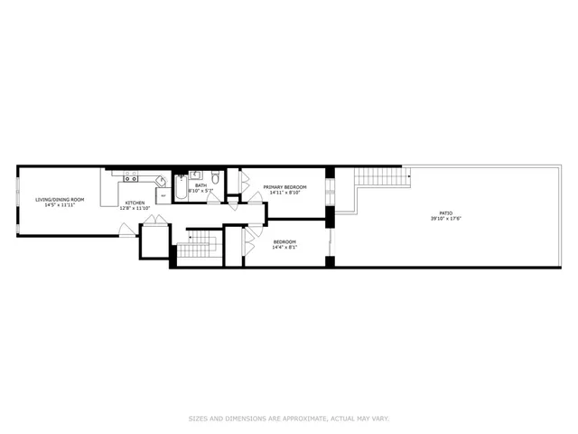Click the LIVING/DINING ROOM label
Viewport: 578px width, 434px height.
click(60, 199)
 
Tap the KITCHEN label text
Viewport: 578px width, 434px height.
click(135, 203)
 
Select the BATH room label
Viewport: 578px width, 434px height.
click(200, 185)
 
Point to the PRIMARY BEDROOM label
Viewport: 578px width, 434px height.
click(284, 187)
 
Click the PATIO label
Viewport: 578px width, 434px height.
click(445, 213)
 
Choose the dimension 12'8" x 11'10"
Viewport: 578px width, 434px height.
click(135, 208)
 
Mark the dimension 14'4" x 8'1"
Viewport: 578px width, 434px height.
click(284, 247)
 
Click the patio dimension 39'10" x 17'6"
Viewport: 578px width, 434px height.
click(445, 219)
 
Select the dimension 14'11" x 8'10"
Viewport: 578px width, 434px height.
click(284, 193)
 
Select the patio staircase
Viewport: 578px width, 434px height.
click(377, 176)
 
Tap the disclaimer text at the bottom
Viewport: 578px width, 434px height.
click(289, 418)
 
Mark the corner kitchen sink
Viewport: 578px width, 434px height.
click(160, 181)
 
